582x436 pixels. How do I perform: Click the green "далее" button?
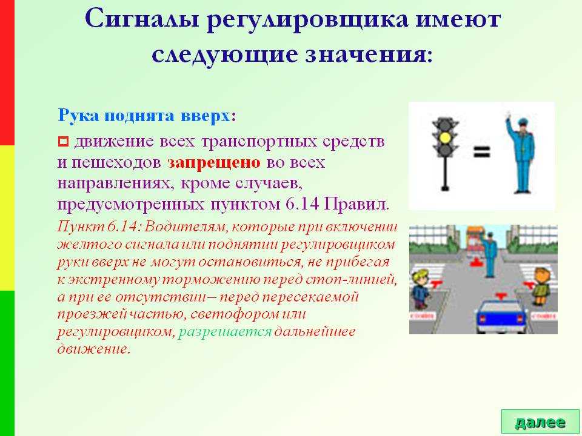[540, 421]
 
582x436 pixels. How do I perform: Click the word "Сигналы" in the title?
[142, 19]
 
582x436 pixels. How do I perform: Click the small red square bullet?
[63, 141]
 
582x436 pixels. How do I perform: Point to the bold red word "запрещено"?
[214, 163]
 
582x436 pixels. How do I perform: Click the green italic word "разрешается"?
[225, 332]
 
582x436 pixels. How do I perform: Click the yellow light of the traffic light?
[445, 138]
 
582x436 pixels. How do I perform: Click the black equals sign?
[482, 152]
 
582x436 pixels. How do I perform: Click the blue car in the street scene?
[501, 314]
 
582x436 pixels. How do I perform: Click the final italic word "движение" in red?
[94, 349]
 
